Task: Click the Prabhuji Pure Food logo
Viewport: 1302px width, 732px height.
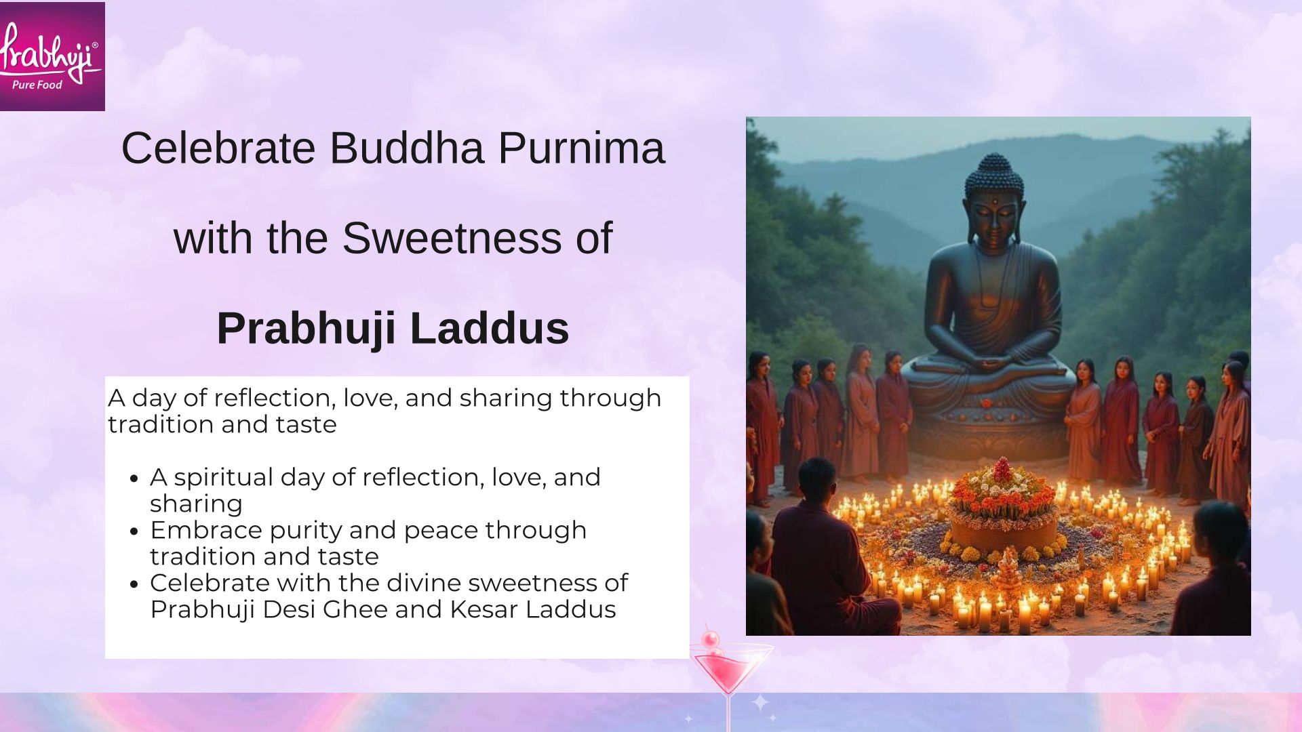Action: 52,56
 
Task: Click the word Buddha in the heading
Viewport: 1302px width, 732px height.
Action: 407,148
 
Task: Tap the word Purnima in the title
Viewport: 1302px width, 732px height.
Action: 581,148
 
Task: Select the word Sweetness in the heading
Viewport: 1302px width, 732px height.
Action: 452,238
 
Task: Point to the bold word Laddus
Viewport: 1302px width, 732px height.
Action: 489,328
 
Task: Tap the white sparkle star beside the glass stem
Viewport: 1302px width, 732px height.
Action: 761,702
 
